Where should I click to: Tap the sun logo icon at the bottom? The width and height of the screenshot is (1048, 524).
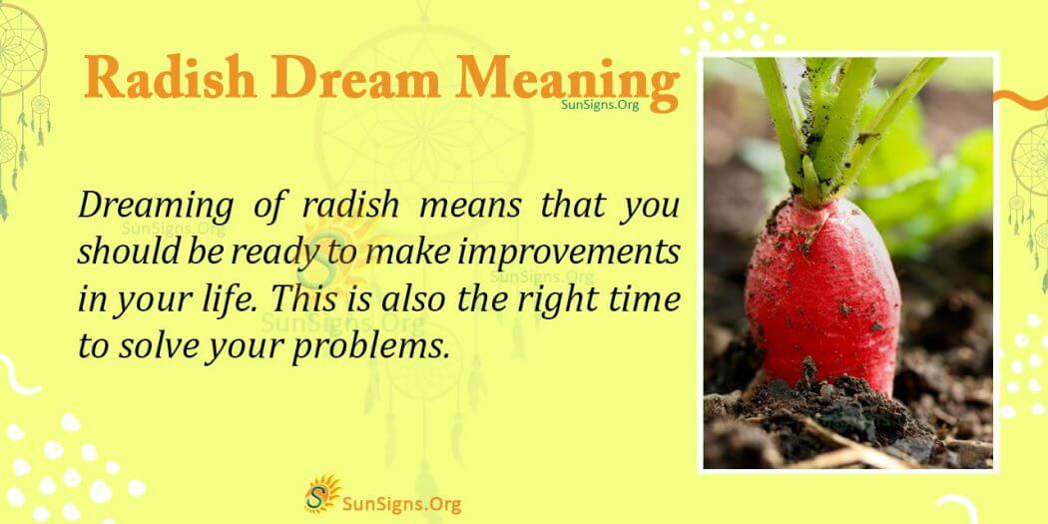click(321, 494)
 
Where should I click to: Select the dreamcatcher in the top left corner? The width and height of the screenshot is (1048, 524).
click(20, 70)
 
